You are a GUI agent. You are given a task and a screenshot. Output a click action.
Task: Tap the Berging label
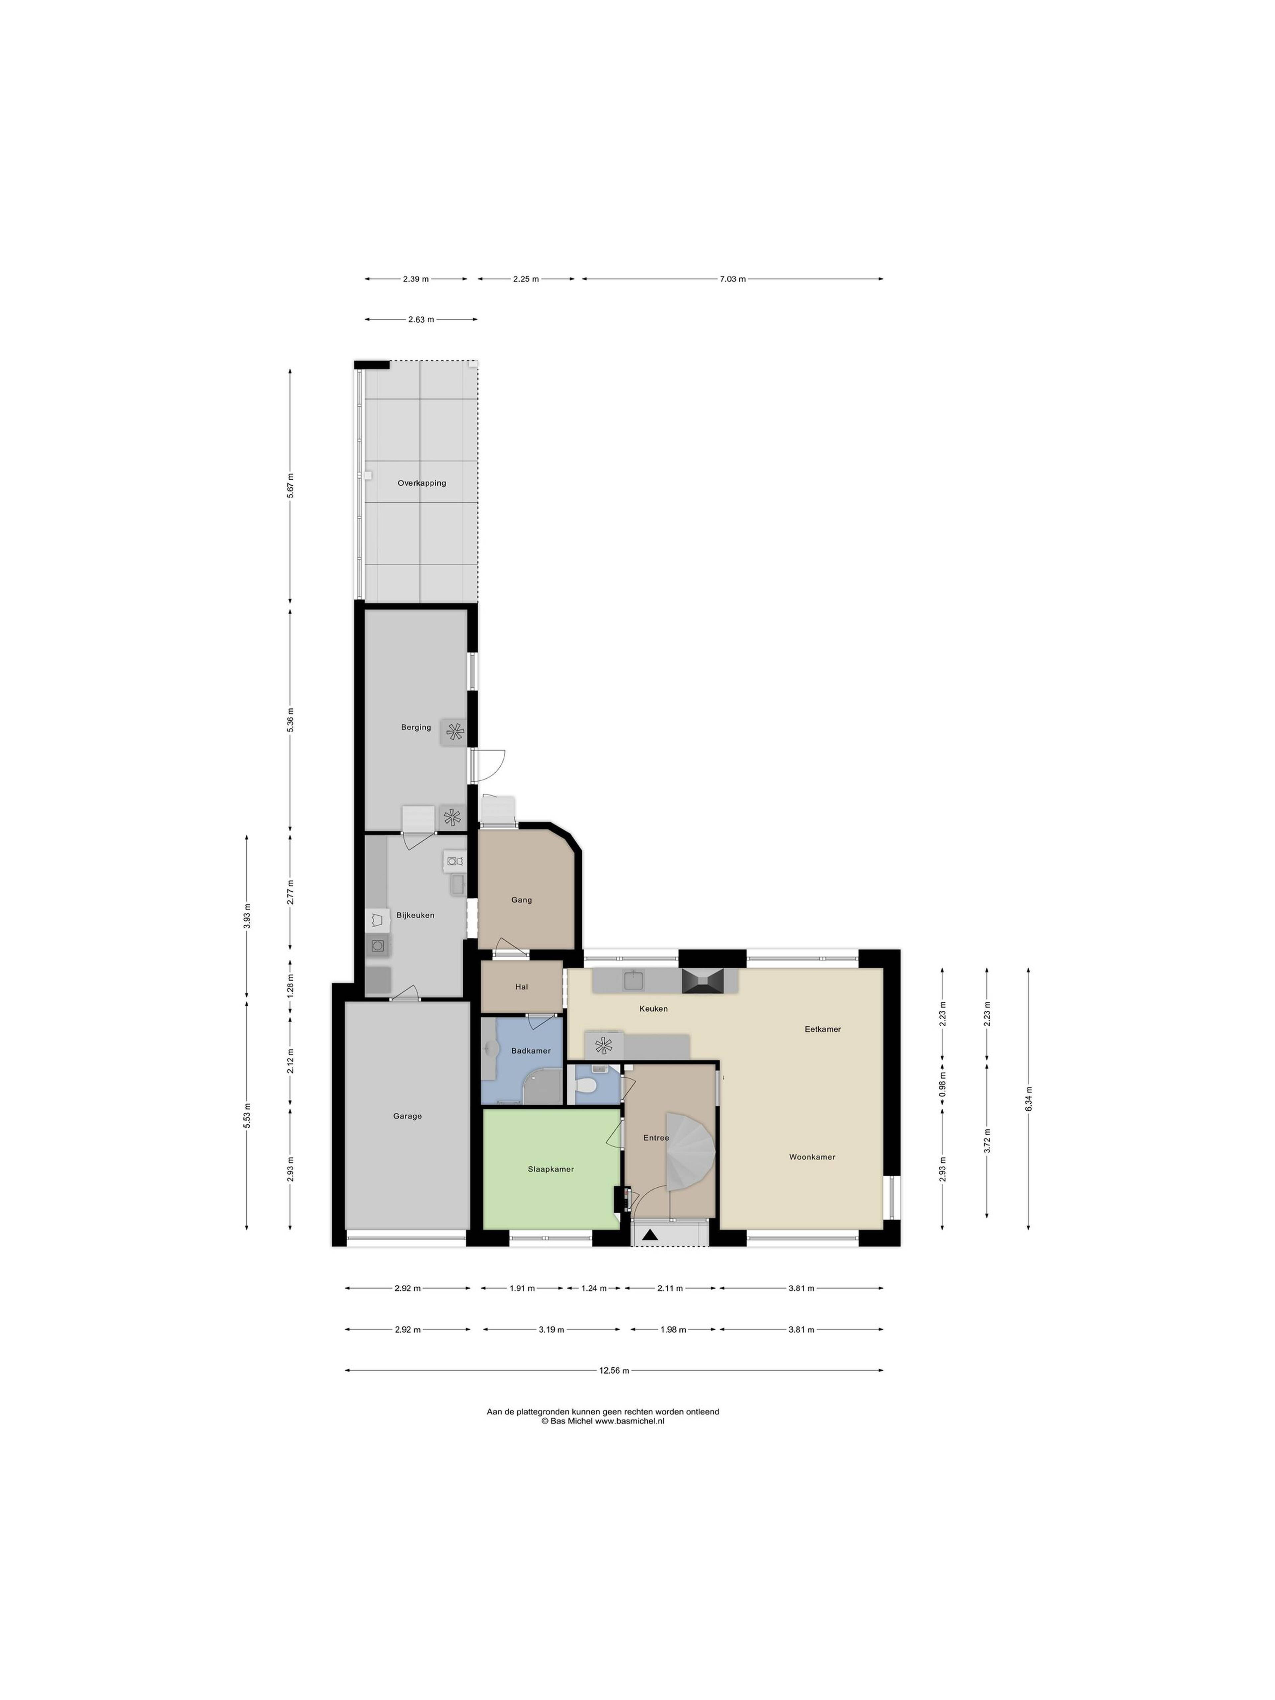(x=416, y=727)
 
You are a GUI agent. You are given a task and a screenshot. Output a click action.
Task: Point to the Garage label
(x=407, y=1116)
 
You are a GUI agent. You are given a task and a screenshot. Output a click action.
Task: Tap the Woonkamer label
(x=811, y=1157)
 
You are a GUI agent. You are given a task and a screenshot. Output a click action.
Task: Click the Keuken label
(x=653, y=1008)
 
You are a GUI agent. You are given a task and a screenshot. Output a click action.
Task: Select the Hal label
(x=522, y=987)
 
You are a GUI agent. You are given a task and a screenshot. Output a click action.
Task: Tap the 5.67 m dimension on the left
(x=290, y=486)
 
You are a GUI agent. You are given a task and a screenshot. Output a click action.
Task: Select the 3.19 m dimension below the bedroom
(x=551, y=1329)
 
